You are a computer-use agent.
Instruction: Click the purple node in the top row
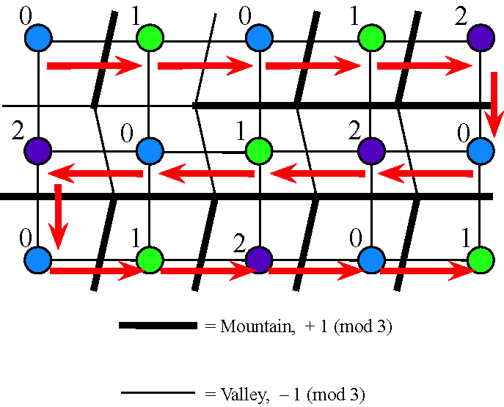tap(481, 37)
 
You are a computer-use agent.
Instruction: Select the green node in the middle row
tap(259, 150)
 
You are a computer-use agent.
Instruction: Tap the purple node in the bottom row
tap(259, 260)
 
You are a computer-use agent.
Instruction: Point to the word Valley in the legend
tap(244, 394)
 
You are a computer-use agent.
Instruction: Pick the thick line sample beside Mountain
tap(158, 326)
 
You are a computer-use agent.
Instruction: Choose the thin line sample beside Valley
tap(158, 392)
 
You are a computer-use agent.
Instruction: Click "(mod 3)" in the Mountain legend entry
tap(363, 327)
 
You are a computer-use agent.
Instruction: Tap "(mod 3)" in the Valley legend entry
tap(336, 395)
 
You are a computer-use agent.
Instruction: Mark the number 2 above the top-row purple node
tap(461, 17)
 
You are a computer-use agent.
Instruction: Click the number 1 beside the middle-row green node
tap(241, 132)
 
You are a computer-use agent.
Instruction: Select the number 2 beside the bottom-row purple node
tap(239, 243)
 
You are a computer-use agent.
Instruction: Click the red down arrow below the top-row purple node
tap(494, 105)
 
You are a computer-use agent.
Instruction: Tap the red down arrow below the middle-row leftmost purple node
tap(58, 217)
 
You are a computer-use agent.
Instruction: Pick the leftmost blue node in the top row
tap(38, 37)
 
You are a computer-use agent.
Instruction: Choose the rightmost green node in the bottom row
tap(481, 260)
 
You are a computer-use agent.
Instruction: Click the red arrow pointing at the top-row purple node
tap(425, 66)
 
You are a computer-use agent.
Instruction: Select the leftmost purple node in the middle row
tap(38, 150)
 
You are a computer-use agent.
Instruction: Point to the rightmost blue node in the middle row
tap(481, 150)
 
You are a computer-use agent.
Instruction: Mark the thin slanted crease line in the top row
tap(205, 59)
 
